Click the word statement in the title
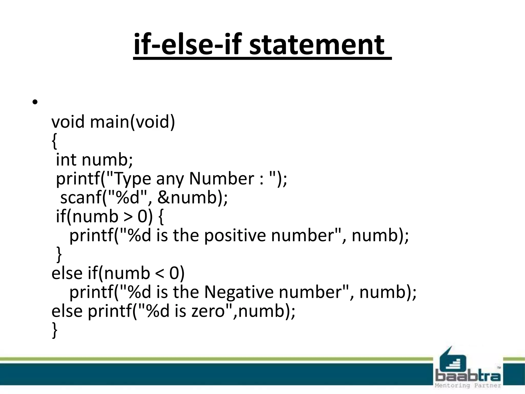tap(317, 45)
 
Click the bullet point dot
tap(35, 102)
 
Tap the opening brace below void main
tap(54, 141)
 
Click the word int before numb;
tap(66, 160)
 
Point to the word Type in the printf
tap(132, 179)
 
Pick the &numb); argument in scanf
tap(193, 198)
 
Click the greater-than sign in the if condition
tap(128, 217)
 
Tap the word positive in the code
tap(235, 235)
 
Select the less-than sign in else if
tap(160, 274)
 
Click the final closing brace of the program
tap(54, 330)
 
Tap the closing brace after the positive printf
tap(59, 254)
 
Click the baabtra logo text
tap(468, 377)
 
